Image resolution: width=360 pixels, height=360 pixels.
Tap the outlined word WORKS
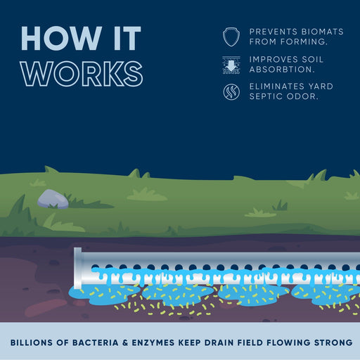tap(82, 74)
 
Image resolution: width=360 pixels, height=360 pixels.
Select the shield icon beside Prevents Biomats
tap(230, 37)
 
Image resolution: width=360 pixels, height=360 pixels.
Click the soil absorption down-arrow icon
tap(230, 64)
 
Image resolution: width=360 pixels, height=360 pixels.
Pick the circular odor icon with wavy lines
tap(230, 91)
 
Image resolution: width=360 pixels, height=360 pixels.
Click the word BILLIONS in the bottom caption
tap(36, 342)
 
